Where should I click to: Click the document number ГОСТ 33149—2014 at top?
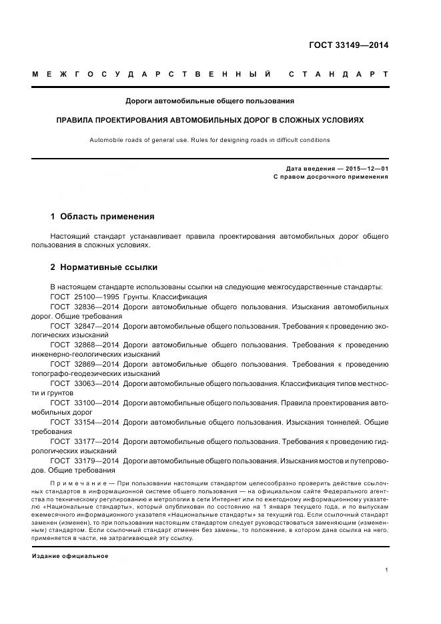[348, 45]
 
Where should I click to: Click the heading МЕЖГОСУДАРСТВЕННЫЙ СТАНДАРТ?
[210, 74]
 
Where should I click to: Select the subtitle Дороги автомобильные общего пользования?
[210, 101]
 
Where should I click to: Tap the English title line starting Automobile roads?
[210, 140]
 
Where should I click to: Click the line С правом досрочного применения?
[331, 177]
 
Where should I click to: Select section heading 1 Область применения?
[102, 217]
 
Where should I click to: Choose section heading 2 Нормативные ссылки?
[104, 267]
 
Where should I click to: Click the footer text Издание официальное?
[70, 556]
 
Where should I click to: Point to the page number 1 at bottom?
[387, 570]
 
